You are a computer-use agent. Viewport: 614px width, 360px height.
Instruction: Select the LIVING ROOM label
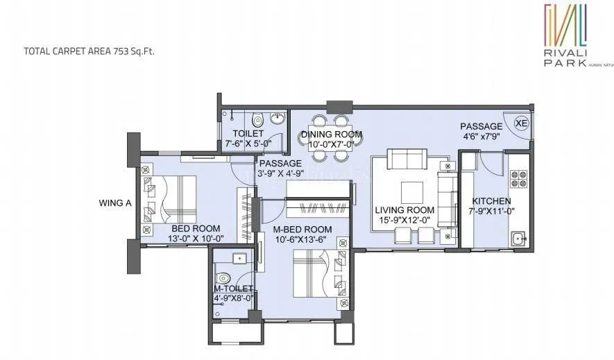404,210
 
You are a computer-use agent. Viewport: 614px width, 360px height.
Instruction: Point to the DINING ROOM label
331,135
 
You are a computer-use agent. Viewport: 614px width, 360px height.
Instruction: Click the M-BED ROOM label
301,230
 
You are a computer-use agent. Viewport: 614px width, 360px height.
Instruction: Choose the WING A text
115,203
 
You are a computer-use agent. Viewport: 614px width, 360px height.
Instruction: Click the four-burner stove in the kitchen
518,179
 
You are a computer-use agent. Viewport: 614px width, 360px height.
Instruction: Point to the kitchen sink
518,240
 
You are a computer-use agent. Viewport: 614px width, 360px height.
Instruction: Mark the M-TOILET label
234,289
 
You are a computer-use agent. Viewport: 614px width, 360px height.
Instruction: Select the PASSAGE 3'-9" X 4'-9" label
281,169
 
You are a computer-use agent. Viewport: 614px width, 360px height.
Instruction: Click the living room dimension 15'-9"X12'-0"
404,221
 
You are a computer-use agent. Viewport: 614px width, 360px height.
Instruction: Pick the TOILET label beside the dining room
248,133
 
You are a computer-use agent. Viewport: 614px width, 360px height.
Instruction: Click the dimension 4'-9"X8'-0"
234,299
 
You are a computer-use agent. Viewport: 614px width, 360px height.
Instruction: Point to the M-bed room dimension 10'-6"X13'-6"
301,240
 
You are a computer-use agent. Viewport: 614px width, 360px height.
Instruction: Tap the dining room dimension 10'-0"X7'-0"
331,144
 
